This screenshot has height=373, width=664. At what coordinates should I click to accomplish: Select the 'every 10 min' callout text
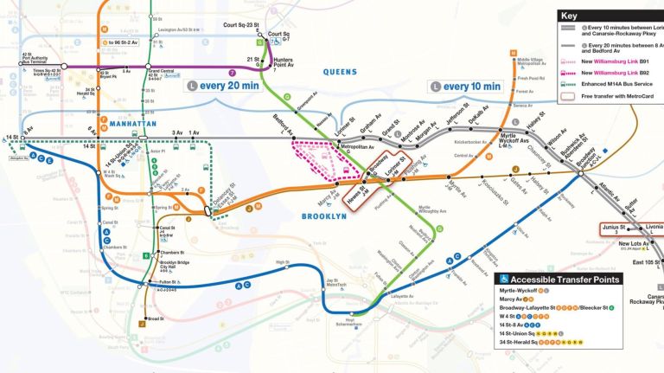pos(471,86)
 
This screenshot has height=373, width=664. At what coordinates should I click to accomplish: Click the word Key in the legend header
pos(569,16)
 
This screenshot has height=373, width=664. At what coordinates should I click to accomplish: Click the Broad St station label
pos(156,318)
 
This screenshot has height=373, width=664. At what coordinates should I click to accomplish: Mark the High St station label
pos(282,262)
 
